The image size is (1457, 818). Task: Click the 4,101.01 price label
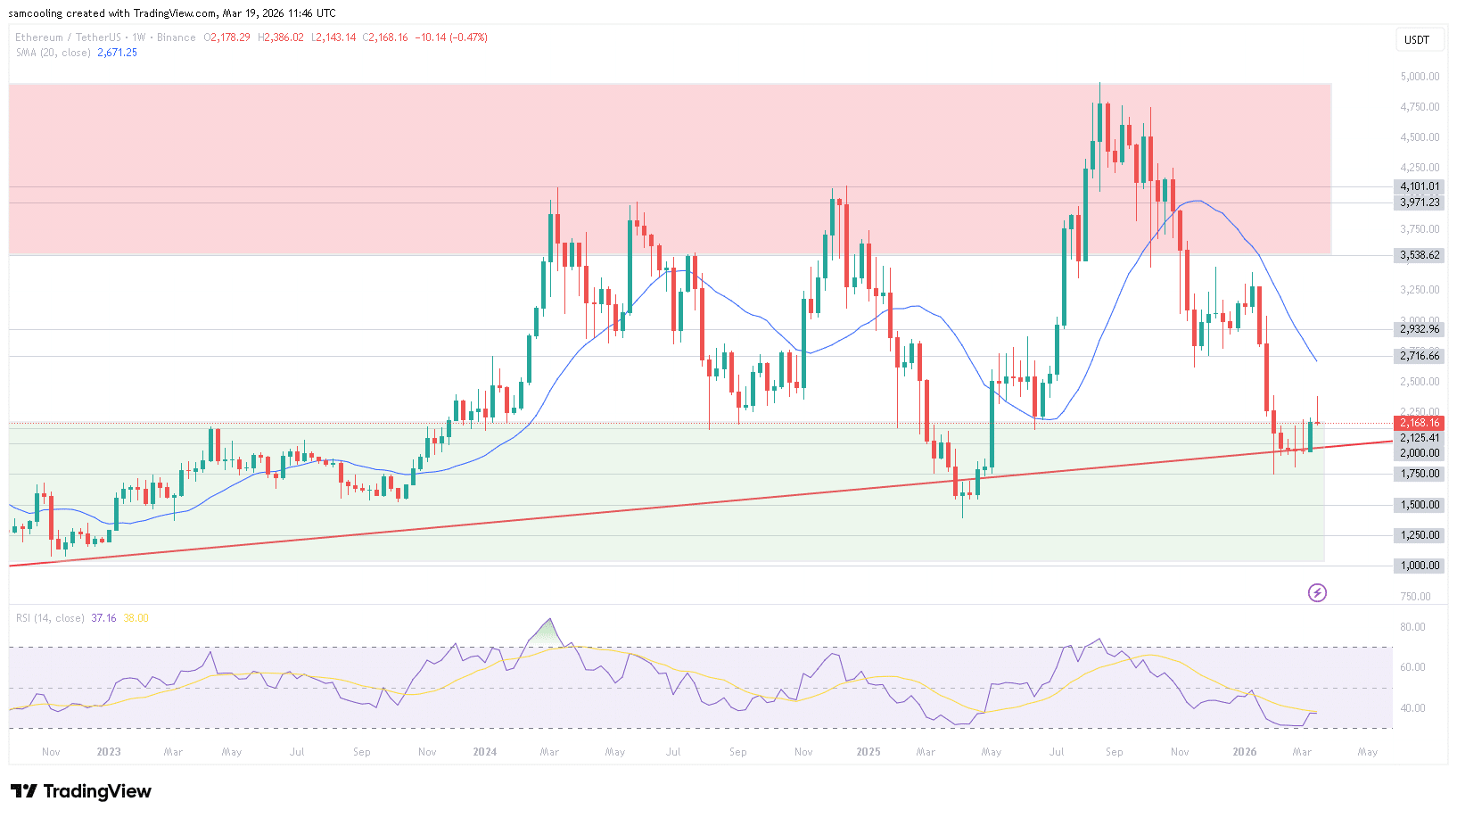pyautogui.click(x=1419, y=186)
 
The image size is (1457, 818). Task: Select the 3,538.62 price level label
pyautogui.click(x=1419, y=255)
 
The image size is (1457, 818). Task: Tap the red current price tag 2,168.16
pyautogui.click(x=1419, y=423)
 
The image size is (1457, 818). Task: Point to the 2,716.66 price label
pyautogui.click(x=1419, y=356)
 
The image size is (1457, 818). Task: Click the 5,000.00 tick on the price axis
pyautogui.click(x=1419, y=77)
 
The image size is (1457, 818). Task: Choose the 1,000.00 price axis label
pyautogui.click(x=1419, y=566)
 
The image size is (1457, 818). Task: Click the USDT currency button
pyautogui.click(x=1417, y=39)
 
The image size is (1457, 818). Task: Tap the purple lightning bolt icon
pyautogui.click(x=1317, y=592)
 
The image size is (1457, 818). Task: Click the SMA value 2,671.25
pyautogui.click(x=117, y=53)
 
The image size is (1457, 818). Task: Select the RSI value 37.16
pyautogui.click(x=103, y=618)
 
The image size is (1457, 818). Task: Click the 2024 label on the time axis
pyautogui.click(x=484, y=752)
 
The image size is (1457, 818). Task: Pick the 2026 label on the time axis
pyautogui.click(x=1244, y=752)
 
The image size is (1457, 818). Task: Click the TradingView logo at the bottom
pyautogui.click(x=81, y=791)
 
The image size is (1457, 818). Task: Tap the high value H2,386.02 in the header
pyautogui.click(x=281, y=37)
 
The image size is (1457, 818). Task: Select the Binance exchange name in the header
pyautogui.click(x=176, y=37)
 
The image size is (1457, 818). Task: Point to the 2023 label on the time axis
pyautogui.click(x=109, y=752)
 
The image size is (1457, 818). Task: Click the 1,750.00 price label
pyautogui.click(x=1419, y=474)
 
